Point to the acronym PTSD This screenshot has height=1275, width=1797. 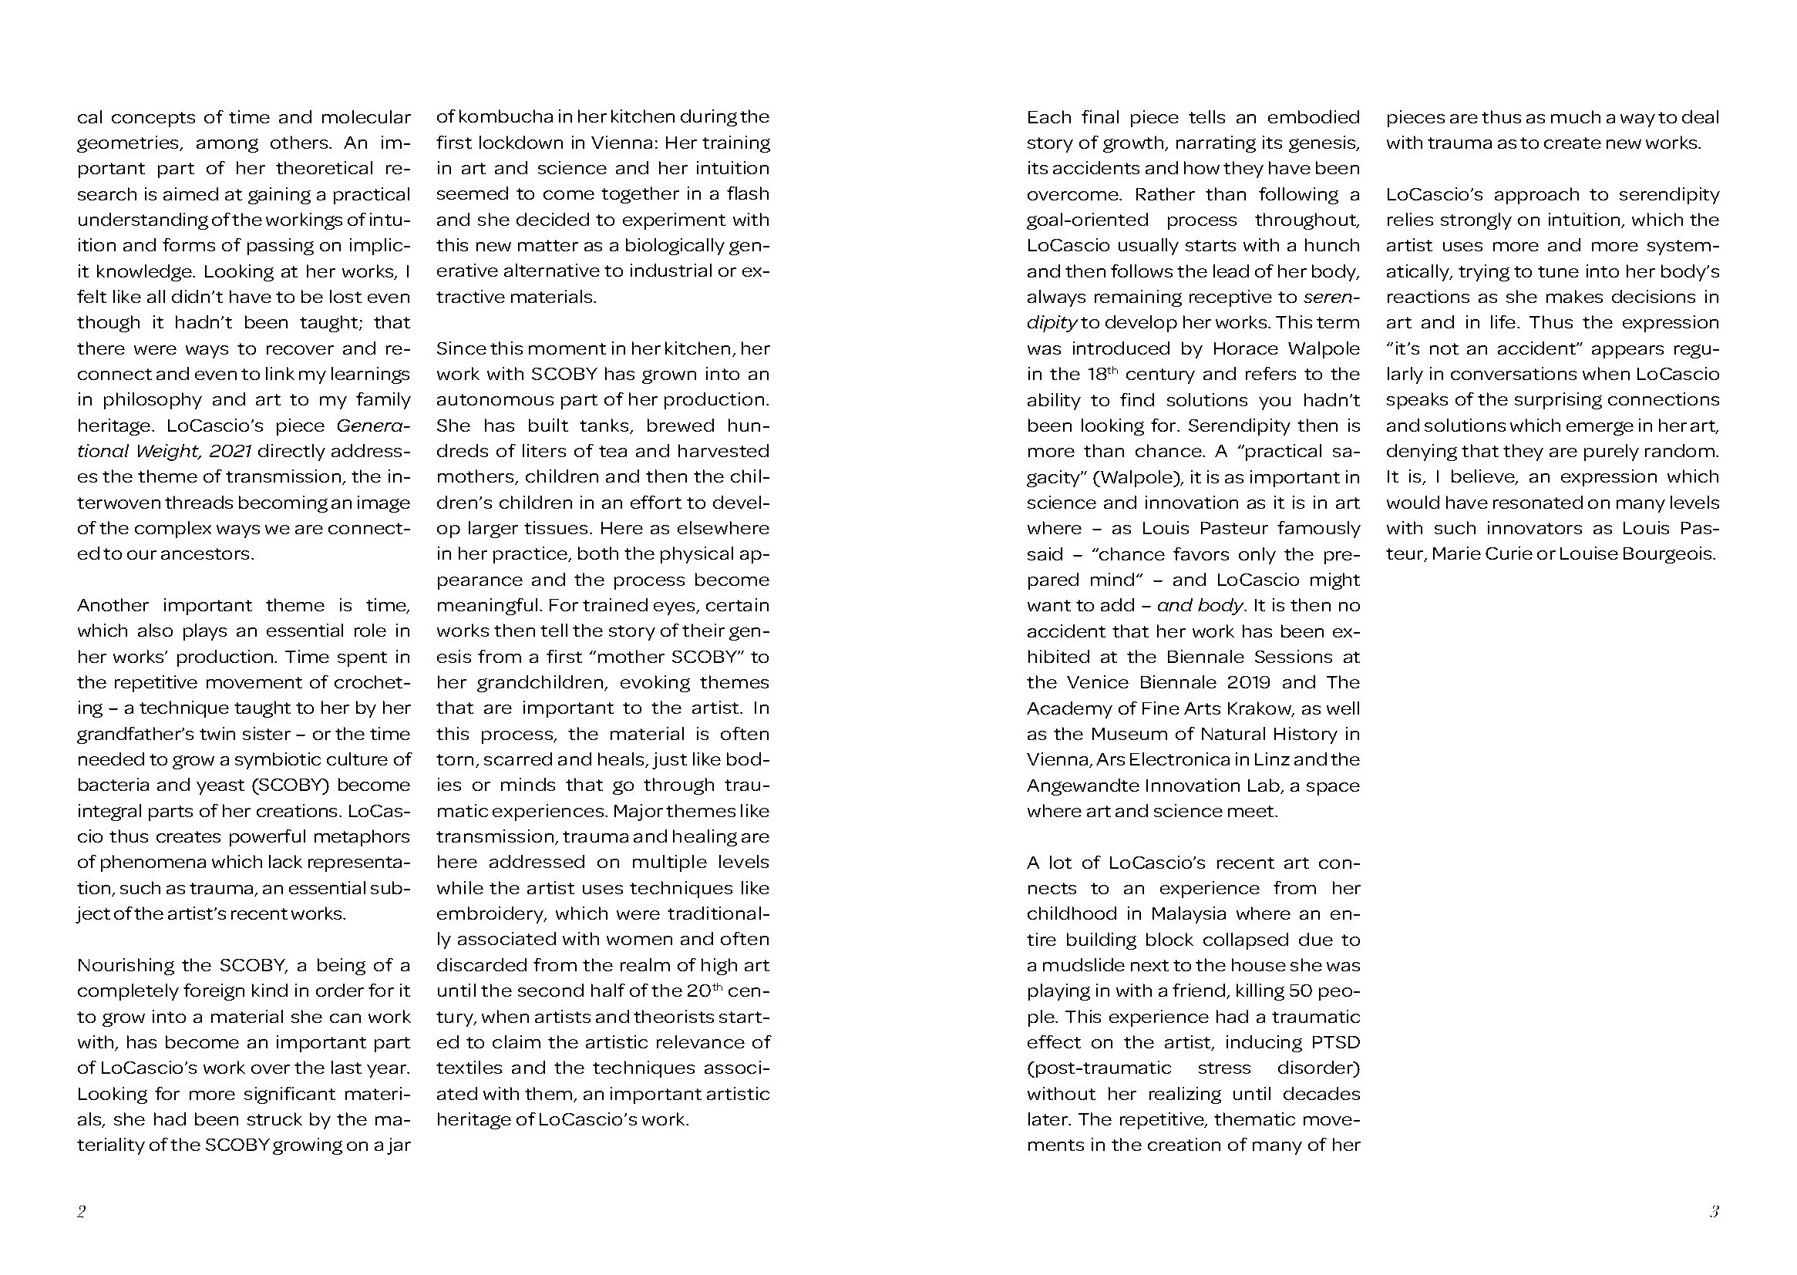[x=1334, y=1043]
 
